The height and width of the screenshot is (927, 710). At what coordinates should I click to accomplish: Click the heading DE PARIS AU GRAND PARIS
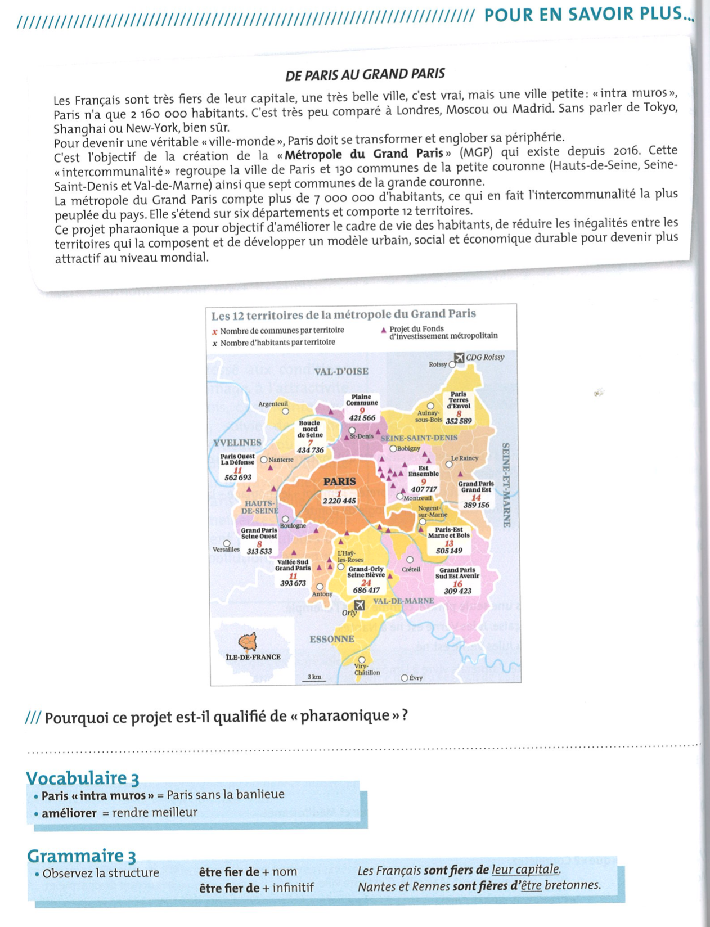click(x=365, y=74)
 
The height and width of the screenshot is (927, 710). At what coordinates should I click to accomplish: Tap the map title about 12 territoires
click(x=343, y=314)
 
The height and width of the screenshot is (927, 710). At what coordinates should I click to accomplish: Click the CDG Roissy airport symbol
click(x=459, y=358)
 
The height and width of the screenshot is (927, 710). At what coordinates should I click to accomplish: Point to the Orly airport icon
click(x=360, y=605)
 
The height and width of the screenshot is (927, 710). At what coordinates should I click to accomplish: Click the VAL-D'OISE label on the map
click(x=341, y=371)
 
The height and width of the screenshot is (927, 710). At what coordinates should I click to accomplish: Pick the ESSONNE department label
click(x=331, y=639)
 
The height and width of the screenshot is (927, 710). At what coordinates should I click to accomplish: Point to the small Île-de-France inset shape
click(x=247, y=641)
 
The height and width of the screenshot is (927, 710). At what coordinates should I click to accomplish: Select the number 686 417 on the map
click(x=366, y=590)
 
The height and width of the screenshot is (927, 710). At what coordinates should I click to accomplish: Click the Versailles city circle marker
click(x=227, y=543)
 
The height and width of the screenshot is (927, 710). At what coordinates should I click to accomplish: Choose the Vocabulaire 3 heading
click(x=82, y=778)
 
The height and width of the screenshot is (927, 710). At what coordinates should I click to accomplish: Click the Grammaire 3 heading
click(x=81, y=856)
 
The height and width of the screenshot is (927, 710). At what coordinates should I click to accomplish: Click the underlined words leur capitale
click(x=525, y=870)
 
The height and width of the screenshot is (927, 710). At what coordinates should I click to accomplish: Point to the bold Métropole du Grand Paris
click(x=364, y=154)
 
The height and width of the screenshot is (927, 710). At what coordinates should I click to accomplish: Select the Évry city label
click(x=416, y=678)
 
